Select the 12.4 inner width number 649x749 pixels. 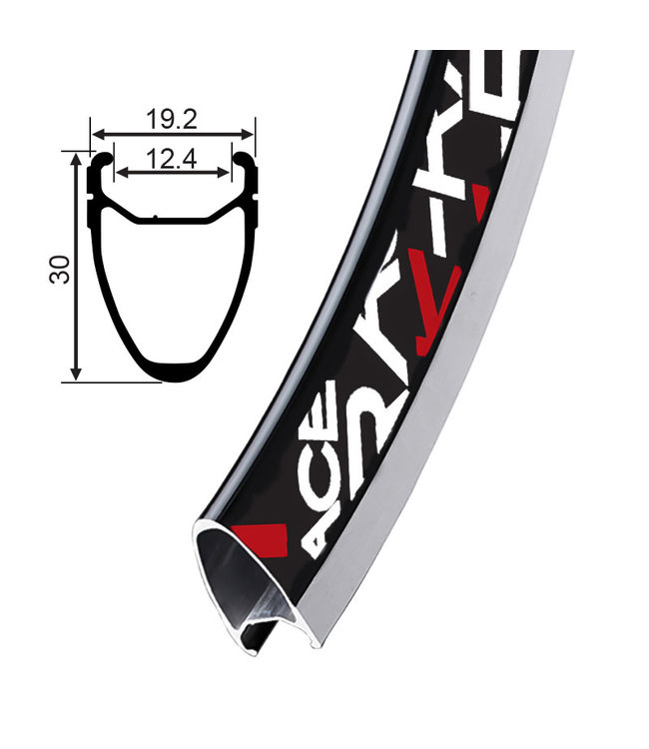point(170,158)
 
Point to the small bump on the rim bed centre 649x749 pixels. point(155,218)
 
